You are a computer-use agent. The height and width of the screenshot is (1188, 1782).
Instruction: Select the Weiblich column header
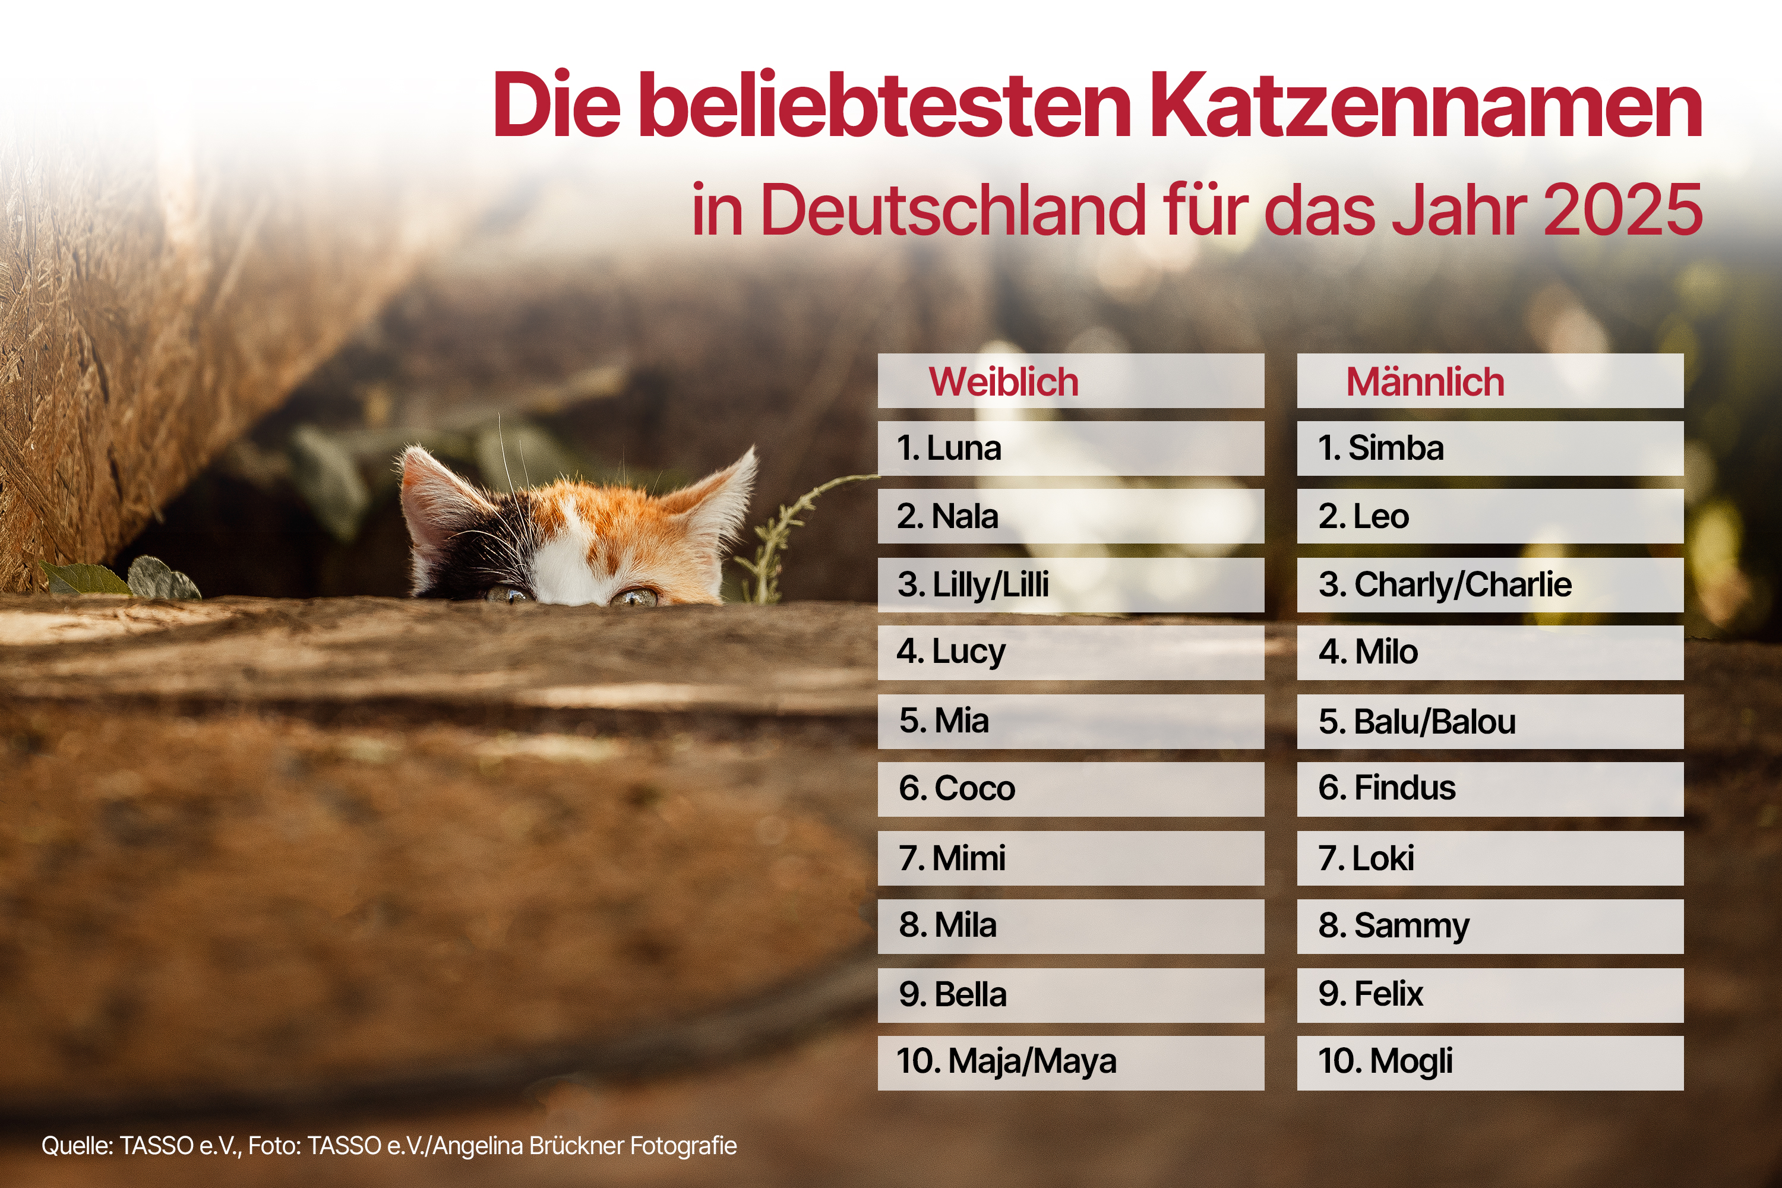coord(1003,381)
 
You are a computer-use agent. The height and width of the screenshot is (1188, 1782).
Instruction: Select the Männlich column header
coord(1424,381)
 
